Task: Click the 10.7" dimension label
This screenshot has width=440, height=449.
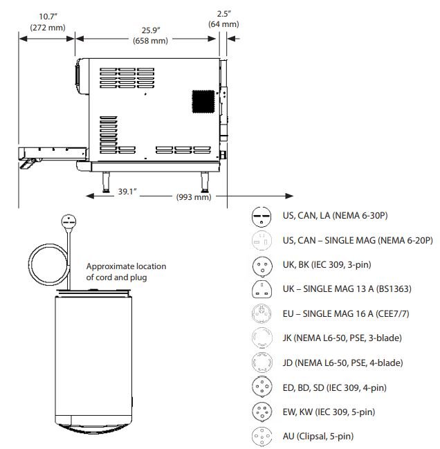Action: [x=48, y=17]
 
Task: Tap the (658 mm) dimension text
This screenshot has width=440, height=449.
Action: [x=150, y=41]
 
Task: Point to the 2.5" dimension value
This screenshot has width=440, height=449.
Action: [x=224, y=14]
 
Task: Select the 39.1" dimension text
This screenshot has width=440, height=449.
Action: [x=127, y=191]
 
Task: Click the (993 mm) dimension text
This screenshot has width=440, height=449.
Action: [x=194, y=197]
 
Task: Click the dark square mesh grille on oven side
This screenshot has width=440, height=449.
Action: [x=203, y=102]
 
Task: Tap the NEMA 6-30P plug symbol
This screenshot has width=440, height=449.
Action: [x=262, y=217]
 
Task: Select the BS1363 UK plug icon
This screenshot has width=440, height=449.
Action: [x=262, y=289]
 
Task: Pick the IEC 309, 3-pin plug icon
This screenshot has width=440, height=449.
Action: [x=262, y=266]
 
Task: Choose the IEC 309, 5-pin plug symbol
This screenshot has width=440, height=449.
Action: [x=262, y=412]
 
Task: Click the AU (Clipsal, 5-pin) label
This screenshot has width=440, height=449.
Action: [x=318, y=436]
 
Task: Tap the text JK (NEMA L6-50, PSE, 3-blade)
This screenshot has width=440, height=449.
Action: [x=342, y=338]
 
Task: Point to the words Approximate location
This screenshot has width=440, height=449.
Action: [x=126, y=266]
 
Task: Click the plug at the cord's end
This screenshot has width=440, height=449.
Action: [x=68, y=223]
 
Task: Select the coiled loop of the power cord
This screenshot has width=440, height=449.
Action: [x=48, y=264]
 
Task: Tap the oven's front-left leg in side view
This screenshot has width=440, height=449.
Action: [x=106, y=182]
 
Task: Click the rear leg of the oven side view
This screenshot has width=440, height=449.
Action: [x=205, y=182]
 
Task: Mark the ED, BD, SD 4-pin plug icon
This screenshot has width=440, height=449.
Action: [x=262, y=387]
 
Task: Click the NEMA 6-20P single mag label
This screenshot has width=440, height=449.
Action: [x=358, y=240]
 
